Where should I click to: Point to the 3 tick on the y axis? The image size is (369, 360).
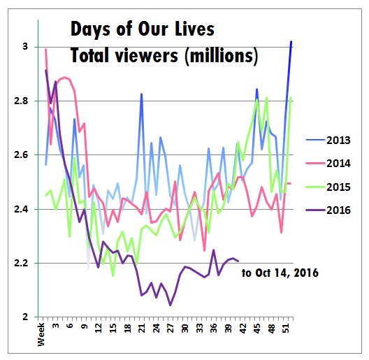tap(25, 47)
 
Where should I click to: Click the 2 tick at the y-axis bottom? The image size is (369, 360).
tap(25, 317)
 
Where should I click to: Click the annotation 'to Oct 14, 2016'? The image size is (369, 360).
tap(280, 273)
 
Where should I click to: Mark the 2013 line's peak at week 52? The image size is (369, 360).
tap(291, 42)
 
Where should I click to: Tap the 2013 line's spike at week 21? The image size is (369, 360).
tap(142, 94)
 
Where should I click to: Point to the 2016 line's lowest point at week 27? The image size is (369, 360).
tap(170, 305)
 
